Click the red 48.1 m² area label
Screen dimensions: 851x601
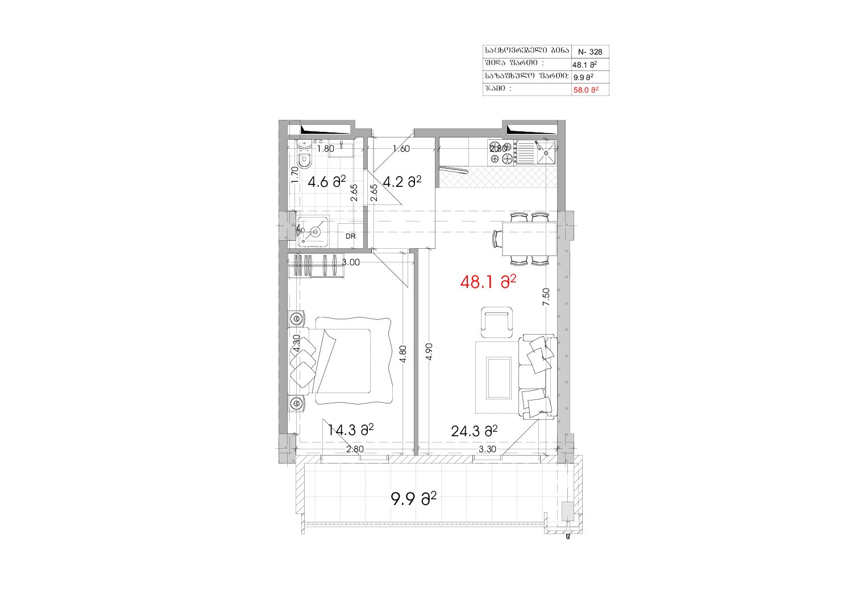(488, 282)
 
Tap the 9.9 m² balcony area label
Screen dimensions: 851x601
(413, 499)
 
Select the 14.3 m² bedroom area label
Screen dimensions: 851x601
(350, 430)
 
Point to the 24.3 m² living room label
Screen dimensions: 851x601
(474, 431)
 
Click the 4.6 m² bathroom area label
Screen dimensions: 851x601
(327, 182)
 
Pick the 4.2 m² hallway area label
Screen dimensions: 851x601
(402, 181)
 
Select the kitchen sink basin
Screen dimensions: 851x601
(546, 153)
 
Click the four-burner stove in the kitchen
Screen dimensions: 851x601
(501, 153)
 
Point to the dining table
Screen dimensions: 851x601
(530, 239)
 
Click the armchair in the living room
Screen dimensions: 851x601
(496, 322)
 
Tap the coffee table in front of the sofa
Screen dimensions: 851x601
(499, 378)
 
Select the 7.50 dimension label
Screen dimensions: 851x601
(546, 297)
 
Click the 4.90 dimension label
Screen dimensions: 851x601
(429, 352)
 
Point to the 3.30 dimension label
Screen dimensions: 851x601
(487, 449)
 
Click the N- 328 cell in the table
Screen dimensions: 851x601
(590, 52)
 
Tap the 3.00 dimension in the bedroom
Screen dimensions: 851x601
(351, 262)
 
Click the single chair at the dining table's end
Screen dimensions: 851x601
(497, 239)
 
